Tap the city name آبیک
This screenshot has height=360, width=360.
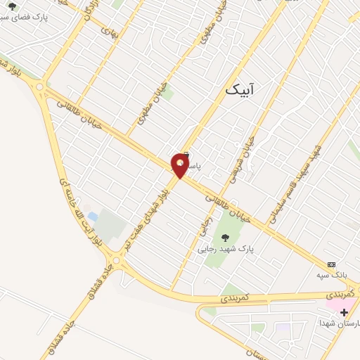coord(240,90)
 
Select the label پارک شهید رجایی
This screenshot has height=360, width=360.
coord(224,248)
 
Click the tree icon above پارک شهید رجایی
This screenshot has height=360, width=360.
coord(225,236)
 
